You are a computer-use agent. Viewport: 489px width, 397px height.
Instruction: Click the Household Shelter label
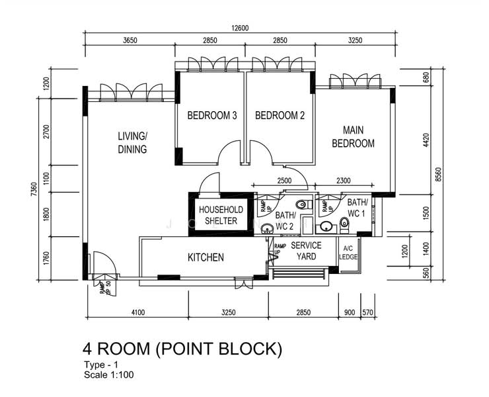coord(221,215)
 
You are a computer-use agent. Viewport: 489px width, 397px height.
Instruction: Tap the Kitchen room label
coord(206,257)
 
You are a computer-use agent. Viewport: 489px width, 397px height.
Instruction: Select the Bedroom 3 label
coord(212,116)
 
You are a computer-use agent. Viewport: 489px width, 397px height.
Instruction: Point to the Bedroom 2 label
coord(280,116)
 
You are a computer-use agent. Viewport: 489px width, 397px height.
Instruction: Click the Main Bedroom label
coord(353,136)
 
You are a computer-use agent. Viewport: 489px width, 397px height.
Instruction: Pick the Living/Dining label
coord(132,143)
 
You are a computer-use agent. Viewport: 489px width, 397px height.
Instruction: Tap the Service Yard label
coord(306,251)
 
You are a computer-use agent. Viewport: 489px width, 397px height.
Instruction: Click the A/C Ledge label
coord(348,253)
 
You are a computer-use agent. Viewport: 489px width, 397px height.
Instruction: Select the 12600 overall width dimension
coord(240,28)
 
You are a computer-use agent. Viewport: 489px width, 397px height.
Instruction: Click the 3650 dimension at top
coord(130,40)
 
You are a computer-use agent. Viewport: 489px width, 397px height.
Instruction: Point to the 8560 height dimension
coord(439,174)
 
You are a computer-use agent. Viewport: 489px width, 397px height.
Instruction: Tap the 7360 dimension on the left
coord(34,189)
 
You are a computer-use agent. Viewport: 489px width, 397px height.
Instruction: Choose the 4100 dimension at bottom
coord(138,312)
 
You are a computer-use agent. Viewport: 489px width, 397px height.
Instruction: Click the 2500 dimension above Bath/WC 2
coord(284,181)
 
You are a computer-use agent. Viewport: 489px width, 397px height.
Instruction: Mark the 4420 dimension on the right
coord(426,140)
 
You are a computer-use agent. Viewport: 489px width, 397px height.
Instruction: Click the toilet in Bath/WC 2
coord(304,205)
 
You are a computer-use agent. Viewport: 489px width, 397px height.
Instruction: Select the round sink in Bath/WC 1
coord(326,226)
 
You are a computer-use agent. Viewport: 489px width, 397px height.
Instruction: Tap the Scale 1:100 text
coord(109,375)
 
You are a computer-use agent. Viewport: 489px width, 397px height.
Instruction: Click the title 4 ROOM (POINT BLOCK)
coord(182,349)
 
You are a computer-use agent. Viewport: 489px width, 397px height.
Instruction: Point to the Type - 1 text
coord(101,365)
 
